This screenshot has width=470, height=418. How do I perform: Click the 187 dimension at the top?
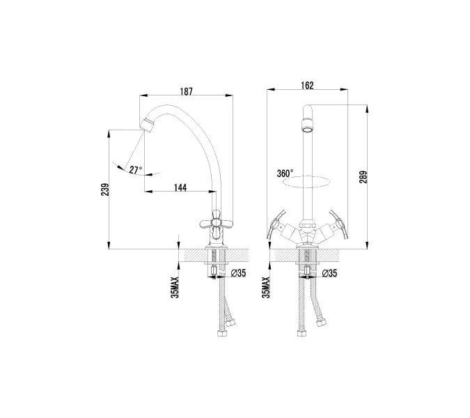[x=187, y=91]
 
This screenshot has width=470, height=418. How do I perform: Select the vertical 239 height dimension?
[x=104, y=189]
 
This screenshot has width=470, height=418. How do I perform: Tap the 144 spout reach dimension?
[x=179, y=187]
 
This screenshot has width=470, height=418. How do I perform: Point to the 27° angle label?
[x=134, y=169]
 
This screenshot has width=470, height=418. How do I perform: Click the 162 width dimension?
[x=308, y=85]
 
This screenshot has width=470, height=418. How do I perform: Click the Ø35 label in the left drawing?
[x=240, y=272]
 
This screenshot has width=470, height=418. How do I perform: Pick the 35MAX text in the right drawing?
[x=266, y=286]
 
